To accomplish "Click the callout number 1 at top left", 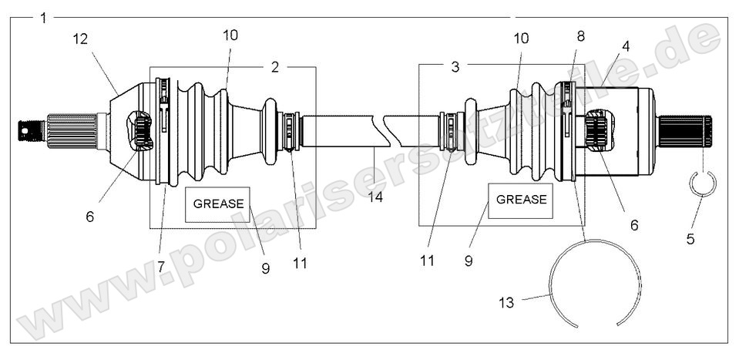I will (44, 17).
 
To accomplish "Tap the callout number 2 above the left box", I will (274, 67).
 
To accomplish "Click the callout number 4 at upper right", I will (625, 46).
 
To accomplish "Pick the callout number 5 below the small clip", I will (690, 239).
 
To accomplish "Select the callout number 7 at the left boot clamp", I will (162, 266).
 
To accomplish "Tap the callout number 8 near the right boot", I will (580, 35).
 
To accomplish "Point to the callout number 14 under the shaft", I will (376, 197).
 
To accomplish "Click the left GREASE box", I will (218, 204).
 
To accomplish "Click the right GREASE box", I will (521, 199).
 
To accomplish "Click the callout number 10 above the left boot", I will (230, 35).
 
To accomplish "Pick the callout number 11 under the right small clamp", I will (426, 261).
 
